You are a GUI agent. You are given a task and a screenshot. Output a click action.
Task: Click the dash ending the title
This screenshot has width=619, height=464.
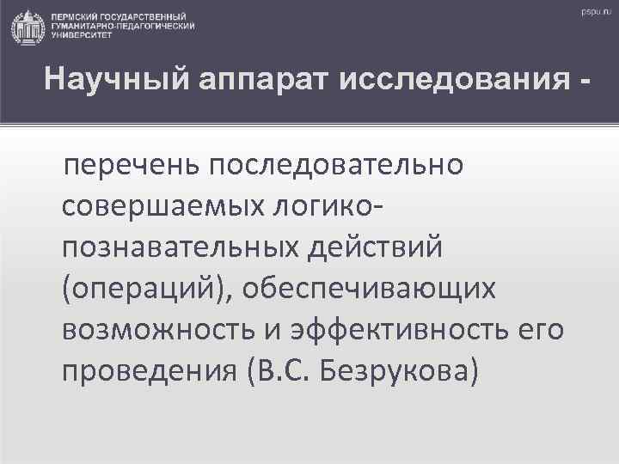click(586, 83)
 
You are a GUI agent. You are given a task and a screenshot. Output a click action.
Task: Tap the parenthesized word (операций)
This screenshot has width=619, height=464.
click(146, 289)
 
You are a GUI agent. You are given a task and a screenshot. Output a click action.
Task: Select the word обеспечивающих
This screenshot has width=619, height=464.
click(370, 289)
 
